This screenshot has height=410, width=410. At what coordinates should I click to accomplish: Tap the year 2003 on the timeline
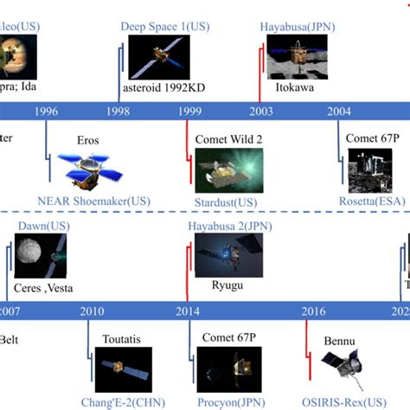261,111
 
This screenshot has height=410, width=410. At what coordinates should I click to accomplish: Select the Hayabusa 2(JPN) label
225,227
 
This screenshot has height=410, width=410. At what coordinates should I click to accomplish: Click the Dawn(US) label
42,227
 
